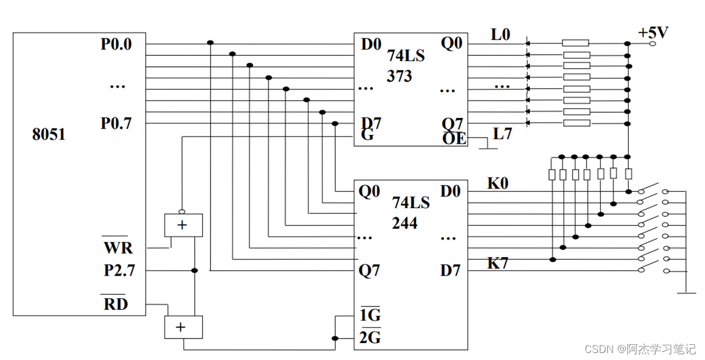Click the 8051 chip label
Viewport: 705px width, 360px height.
pos(49,134)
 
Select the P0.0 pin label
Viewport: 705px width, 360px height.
pos(116,44)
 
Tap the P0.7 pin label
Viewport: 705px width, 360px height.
pos(116,123)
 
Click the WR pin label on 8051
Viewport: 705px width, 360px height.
pos(118,247)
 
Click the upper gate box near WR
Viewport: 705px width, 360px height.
pos(183,225)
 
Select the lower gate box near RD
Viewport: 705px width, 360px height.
pos(183,327)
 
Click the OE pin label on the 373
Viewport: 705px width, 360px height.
pos(454,138)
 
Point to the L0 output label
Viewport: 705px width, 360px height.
pos(500,35)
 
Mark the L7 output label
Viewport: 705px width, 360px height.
pos(503,134)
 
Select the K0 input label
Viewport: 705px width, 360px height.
pos(498,184)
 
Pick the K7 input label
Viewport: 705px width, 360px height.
pos(498,263)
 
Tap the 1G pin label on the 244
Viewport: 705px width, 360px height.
pos(369,316)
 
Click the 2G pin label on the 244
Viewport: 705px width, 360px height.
pos(370,337)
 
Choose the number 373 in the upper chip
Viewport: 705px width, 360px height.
pos(400,76)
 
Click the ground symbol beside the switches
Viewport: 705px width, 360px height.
pos(686,293)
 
